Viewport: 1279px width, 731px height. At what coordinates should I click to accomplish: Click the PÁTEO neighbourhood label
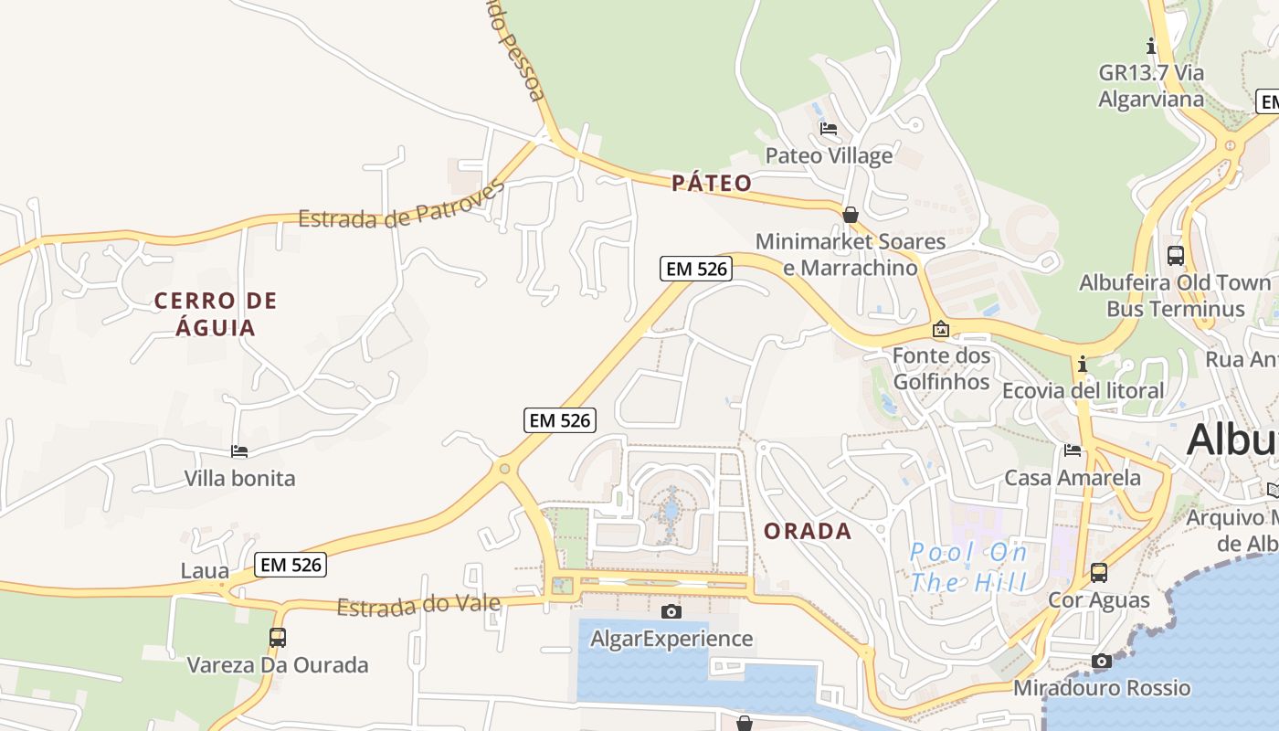[x=712, y=184]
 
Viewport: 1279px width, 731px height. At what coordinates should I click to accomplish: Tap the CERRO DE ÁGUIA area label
[x=216, y=313]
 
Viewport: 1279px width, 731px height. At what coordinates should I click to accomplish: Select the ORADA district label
[x=808, y=531]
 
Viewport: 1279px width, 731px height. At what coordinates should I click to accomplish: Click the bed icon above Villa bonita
[x=239, y=451]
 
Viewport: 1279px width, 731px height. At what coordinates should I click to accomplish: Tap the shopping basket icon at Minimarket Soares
[x=851, y=215]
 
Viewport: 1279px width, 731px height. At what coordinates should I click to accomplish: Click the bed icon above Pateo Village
[x=829, y=129]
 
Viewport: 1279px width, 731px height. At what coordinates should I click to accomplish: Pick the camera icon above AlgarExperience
[x=671, y=611]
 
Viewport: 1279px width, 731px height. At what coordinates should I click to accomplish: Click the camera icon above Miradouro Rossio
[x=1102, y=661]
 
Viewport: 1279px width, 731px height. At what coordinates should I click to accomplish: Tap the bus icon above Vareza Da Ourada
[x=278, y=638]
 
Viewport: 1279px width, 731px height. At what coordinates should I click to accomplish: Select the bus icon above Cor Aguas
[x=1099, y=573]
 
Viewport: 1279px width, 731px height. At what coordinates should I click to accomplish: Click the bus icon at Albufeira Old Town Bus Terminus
[x=1176, y=256]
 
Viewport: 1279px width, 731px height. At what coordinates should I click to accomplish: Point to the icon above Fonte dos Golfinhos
[x=941, y=329]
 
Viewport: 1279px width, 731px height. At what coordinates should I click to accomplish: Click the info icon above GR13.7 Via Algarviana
[x=1151, y=45]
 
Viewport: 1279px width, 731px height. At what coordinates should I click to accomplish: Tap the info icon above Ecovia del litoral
[x=1083, y=364]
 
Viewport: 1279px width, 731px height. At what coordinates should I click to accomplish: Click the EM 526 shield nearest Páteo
[x=696, y=269]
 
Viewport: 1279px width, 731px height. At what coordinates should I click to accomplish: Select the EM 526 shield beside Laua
[x=291, y=565]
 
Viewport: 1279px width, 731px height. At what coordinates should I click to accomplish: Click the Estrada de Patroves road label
[x=401, y=206]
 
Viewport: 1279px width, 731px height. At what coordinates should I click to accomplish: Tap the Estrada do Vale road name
[x=418, y=605]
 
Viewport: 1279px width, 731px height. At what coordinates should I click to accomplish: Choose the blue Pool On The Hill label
[x=968, y=567]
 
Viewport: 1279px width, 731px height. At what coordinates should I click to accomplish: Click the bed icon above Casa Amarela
[x=1073, y=450]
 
